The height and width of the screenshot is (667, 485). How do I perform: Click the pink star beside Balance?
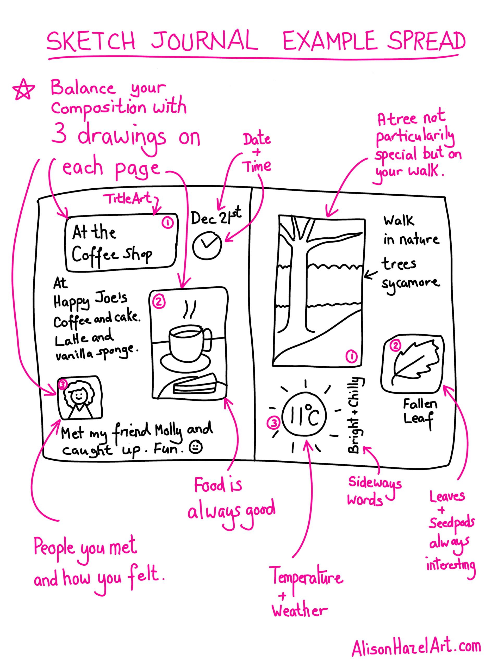23,89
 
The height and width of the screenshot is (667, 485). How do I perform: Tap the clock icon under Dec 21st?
207,246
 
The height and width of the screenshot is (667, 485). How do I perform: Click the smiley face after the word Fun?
195,447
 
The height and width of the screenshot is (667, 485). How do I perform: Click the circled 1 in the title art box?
167,223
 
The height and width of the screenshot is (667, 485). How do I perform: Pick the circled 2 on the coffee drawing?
159,302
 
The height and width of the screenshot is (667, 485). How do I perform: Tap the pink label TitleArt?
128,199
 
